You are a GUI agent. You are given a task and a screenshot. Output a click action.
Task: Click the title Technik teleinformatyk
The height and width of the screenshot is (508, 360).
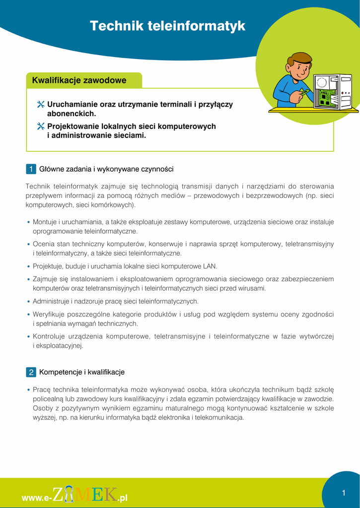[x=167, y=26]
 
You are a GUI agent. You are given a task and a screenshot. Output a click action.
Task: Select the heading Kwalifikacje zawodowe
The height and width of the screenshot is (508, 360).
[x=79, y=80]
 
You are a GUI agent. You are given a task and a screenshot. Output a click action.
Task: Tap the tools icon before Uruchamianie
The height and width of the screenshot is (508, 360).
[x=41, y=105]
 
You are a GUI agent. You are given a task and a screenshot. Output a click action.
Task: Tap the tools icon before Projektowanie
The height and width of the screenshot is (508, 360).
[x=41, y=127]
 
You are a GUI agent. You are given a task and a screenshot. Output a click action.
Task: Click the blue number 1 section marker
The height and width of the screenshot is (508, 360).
[x=31, y=169]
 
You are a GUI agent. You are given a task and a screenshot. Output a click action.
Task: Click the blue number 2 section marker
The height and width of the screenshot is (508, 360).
[x=31, y=372]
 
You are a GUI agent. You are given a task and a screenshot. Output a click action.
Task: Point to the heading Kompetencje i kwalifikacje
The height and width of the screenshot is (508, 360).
[x=81, y=372]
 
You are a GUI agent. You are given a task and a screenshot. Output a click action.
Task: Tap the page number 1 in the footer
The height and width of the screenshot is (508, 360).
[x=343, y=493]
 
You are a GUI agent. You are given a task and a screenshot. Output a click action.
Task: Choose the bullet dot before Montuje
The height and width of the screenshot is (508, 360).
[x=29, y=222]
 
